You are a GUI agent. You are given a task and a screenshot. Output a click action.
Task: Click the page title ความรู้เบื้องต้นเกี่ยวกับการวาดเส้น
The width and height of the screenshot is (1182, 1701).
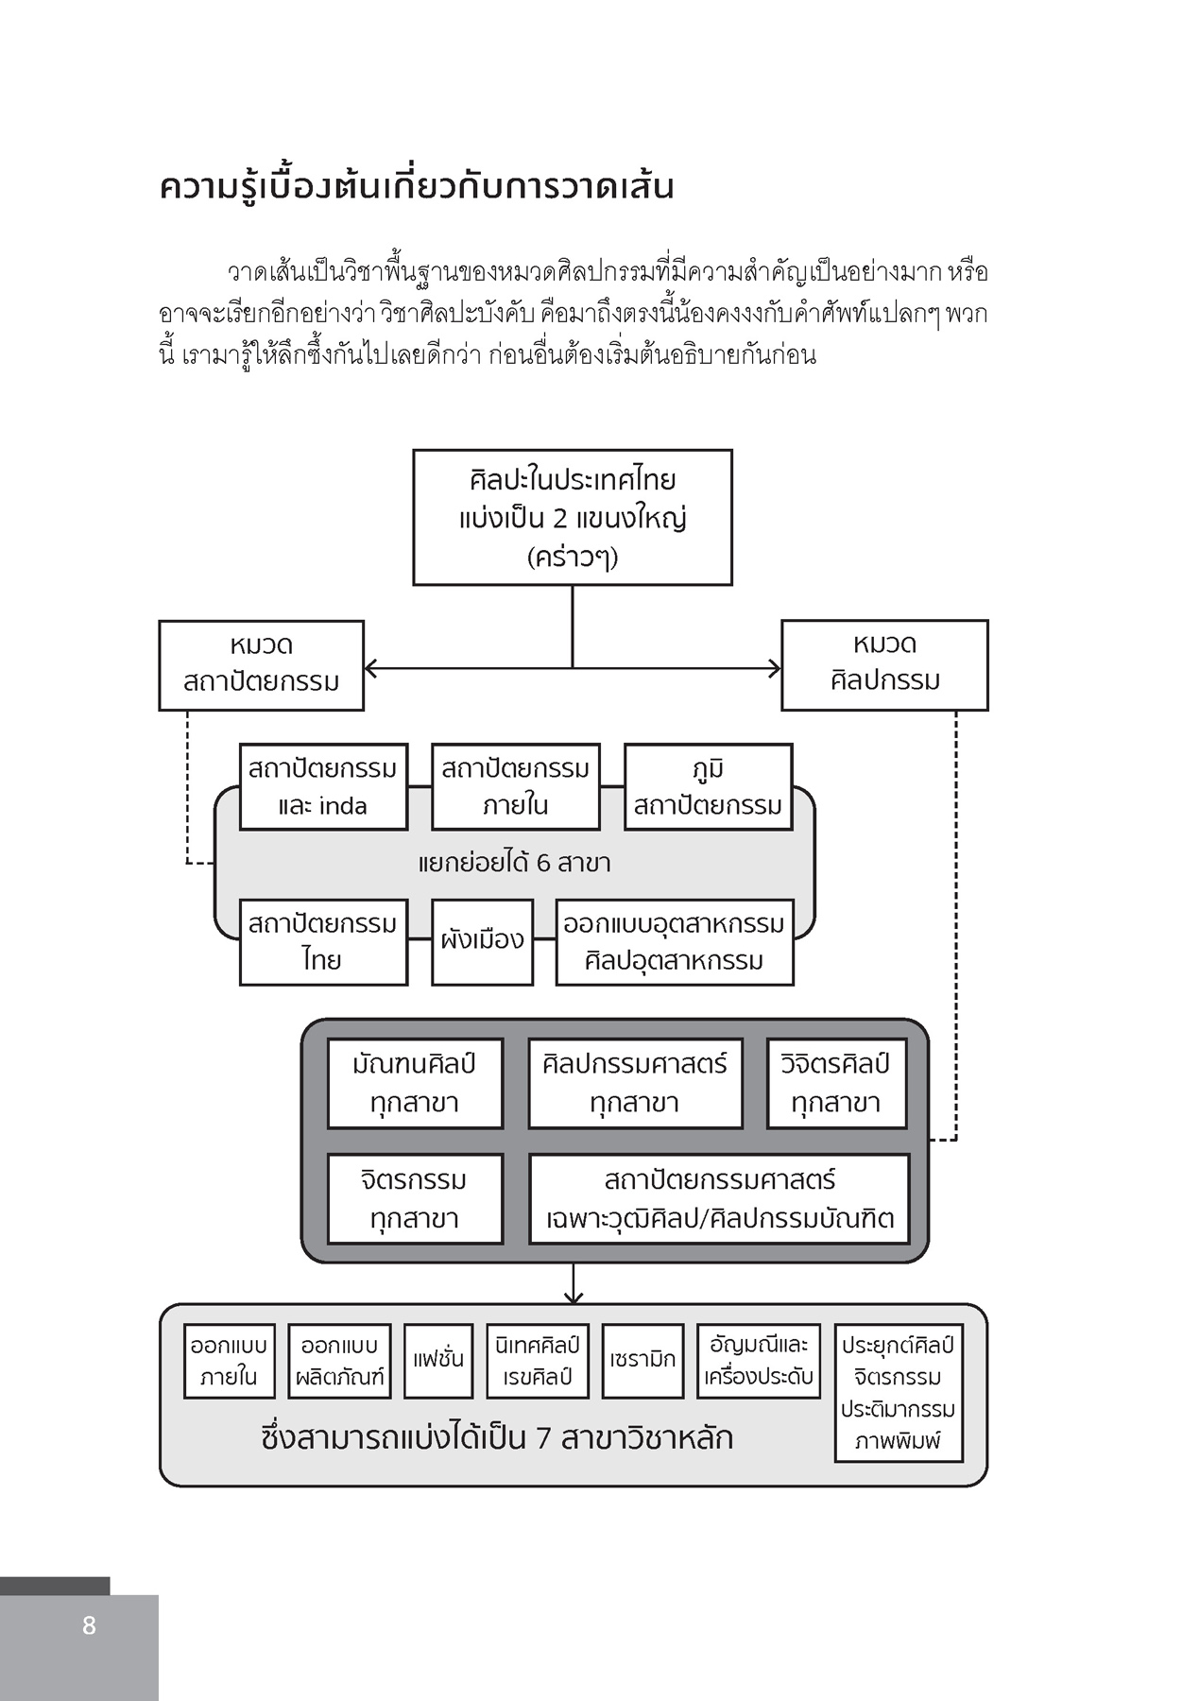point(416,186)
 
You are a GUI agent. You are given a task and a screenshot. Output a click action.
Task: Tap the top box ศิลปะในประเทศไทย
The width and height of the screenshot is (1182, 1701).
point(572,517)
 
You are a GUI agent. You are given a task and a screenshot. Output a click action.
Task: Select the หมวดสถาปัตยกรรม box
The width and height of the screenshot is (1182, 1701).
point(261,664)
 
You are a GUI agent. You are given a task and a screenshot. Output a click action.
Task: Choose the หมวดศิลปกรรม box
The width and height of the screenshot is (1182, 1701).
point(884,664)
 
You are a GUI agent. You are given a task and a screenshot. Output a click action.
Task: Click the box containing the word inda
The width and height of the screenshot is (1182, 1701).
point(323,786)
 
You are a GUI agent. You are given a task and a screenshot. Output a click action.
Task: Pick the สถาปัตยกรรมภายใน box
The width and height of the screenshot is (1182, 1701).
point(515,786)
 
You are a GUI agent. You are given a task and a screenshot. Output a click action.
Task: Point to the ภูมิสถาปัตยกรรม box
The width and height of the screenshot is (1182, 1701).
point(708,786)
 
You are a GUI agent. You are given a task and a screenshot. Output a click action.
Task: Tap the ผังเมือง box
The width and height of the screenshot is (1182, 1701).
point(482,941)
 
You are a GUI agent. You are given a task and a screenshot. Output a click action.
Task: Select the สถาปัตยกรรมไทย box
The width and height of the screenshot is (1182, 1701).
point(323,941)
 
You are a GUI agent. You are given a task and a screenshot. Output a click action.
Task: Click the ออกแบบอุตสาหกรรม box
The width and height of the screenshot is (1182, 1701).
point(674,941)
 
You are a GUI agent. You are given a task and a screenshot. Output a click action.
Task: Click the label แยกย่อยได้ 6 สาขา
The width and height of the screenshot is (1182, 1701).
point(514,863)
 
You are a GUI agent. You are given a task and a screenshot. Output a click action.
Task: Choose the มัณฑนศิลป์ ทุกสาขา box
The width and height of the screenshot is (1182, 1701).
point(414,1083)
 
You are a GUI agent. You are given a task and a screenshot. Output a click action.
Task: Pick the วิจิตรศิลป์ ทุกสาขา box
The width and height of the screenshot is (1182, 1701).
point(835,1083)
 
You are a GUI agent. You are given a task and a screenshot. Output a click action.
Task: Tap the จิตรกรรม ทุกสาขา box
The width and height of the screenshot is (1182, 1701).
point(414,1198)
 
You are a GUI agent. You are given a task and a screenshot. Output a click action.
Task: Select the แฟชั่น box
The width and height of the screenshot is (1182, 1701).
point(437,1360)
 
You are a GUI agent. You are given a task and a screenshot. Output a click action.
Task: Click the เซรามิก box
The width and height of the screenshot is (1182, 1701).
point(642,1360)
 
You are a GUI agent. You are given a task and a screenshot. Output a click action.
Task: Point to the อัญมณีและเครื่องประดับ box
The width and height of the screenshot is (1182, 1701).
point(759,1360)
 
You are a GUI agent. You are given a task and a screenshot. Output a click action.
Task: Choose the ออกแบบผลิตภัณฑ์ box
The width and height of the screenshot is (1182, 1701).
point(339,1360)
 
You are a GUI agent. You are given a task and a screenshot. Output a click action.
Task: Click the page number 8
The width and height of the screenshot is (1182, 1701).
point(89,1624)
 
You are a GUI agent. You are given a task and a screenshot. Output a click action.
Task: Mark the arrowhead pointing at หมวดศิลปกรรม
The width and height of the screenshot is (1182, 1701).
point(775,668)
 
